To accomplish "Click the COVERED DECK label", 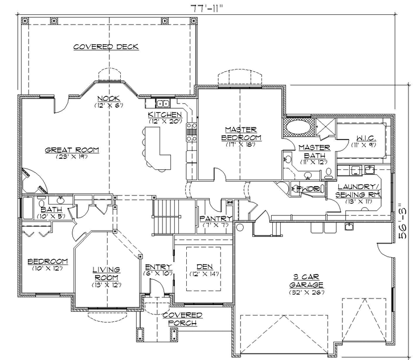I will click(x=105, y=47).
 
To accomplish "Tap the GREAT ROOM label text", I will click(x=72, y=150).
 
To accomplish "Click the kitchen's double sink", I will click(x=162, y=104).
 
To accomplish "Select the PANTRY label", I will click(x=216, y=219).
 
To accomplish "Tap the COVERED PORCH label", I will click(x=182, y=319).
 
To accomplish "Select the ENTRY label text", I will click(x=155, y=267).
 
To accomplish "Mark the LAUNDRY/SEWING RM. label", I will click(x=358, y=190).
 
